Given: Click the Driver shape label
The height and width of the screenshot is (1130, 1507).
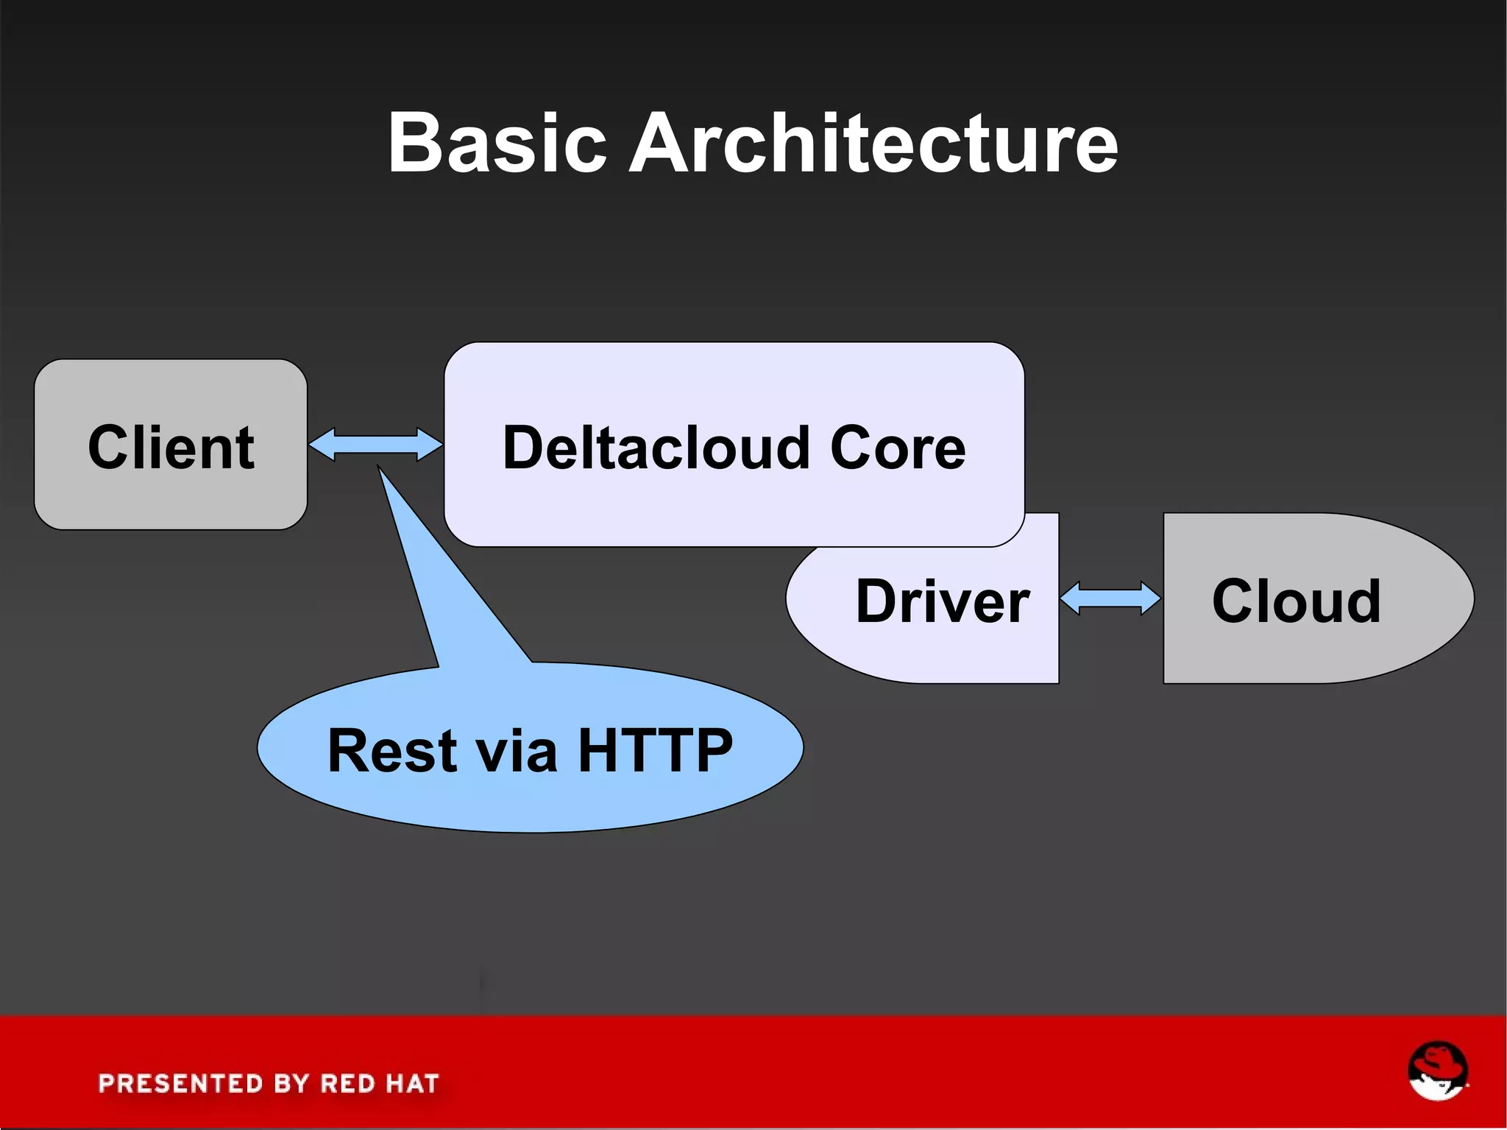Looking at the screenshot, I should click(x=942, y=601).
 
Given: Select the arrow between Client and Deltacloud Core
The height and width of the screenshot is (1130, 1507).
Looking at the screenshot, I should click(x=376, y=445).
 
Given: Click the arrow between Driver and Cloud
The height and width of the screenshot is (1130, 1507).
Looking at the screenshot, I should click(x=1110, y=598).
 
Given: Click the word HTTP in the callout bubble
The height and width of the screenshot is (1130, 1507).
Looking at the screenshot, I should click(x=655, y=750).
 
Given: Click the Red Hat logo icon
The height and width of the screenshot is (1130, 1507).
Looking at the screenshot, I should click(x=1437, y=1070).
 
